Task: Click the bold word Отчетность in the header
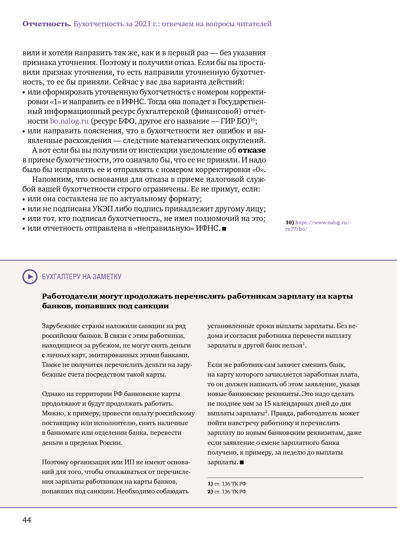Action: click(x=46, y=24)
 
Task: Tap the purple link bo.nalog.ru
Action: click(x=69, y=121)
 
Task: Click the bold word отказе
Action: click(x=252, y=150)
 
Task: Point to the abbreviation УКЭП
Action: click(x=102, y=209)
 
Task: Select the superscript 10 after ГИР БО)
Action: click(x=253, y=119)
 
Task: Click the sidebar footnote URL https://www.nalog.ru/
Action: click(x=322, y=222)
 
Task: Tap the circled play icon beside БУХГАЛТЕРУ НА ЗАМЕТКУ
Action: click(x=30, y=277)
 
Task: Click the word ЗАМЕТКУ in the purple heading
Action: click(x=107, y=277)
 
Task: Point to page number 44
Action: click(x=27, y=520)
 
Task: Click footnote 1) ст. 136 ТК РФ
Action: click(x=227, y=484)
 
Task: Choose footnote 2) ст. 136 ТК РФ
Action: click(x=227, y=492)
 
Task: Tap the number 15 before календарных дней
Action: click(x=267, y=404)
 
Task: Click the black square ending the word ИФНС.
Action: click(x=224, y=229)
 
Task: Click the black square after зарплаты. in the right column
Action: click(x=242, y=462)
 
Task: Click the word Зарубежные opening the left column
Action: click(x=59, y=326)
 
